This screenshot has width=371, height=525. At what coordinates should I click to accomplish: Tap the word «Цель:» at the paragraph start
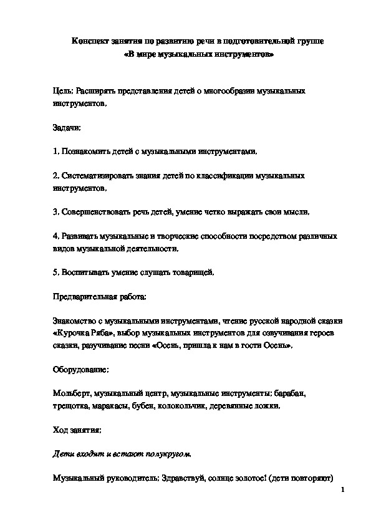pos(63,91)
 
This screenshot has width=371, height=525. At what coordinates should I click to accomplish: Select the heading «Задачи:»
pos(67,127)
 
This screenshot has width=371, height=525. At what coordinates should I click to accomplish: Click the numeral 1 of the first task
pos(55,152)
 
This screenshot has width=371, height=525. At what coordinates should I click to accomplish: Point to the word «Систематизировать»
pos(94,176)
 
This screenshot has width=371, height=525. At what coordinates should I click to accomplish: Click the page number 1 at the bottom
pos(343,491)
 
